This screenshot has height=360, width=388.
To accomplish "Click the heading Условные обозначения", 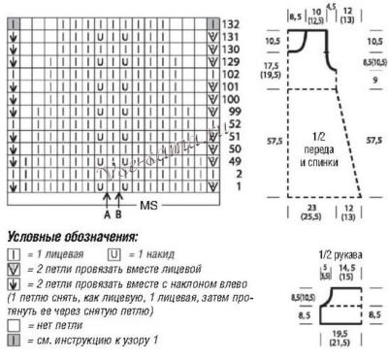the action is click(x=72, y=236).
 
